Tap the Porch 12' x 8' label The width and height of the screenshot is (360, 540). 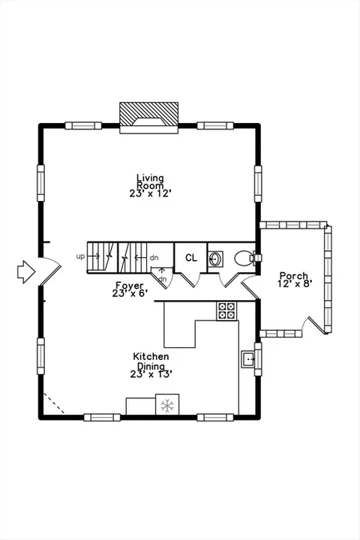point(295,280)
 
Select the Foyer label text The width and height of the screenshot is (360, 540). point(130,286)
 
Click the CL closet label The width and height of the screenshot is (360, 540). point(190,257)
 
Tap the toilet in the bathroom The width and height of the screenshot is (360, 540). point(245,258)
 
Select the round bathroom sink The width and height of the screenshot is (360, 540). point(216,259)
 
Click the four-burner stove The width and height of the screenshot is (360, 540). point(226,311)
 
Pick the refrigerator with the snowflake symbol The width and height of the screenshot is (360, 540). point(167,404)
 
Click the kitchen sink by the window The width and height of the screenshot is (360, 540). point(247,359)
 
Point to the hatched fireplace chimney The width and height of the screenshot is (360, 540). point(148,114)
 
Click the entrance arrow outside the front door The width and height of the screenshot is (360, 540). point(26,271)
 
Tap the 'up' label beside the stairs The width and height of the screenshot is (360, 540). point(80,256)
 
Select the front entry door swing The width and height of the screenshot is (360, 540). point(50,271)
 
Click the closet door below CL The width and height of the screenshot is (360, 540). point(190,280)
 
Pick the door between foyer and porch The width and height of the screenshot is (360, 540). point(250,287)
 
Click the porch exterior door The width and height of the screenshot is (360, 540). point(313,325)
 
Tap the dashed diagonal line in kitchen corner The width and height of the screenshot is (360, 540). point(54,403)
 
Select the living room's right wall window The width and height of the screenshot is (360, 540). point(258,184)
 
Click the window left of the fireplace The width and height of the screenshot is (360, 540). point(83,126)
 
